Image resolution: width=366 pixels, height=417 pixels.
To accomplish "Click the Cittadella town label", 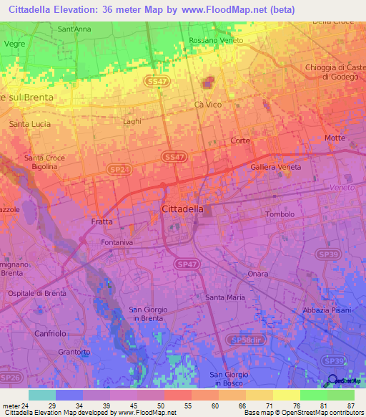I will pos(183,208).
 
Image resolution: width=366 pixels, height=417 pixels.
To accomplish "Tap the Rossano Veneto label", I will pos(216,41).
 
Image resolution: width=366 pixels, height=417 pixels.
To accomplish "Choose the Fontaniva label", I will pos(119,242).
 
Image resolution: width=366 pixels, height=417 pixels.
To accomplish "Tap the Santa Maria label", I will pos(225,297).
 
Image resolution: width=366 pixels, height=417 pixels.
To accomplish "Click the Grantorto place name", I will pos(74,352).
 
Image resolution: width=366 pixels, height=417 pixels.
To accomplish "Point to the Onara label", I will pos(257,274).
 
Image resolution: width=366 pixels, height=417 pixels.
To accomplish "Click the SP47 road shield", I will pos(185,264).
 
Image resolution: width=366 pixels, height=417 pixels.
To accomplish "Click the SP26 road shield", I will pos(11,377).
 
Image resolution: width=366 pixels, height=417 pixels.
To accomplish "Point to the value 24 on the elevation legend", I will pos(29,406).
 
